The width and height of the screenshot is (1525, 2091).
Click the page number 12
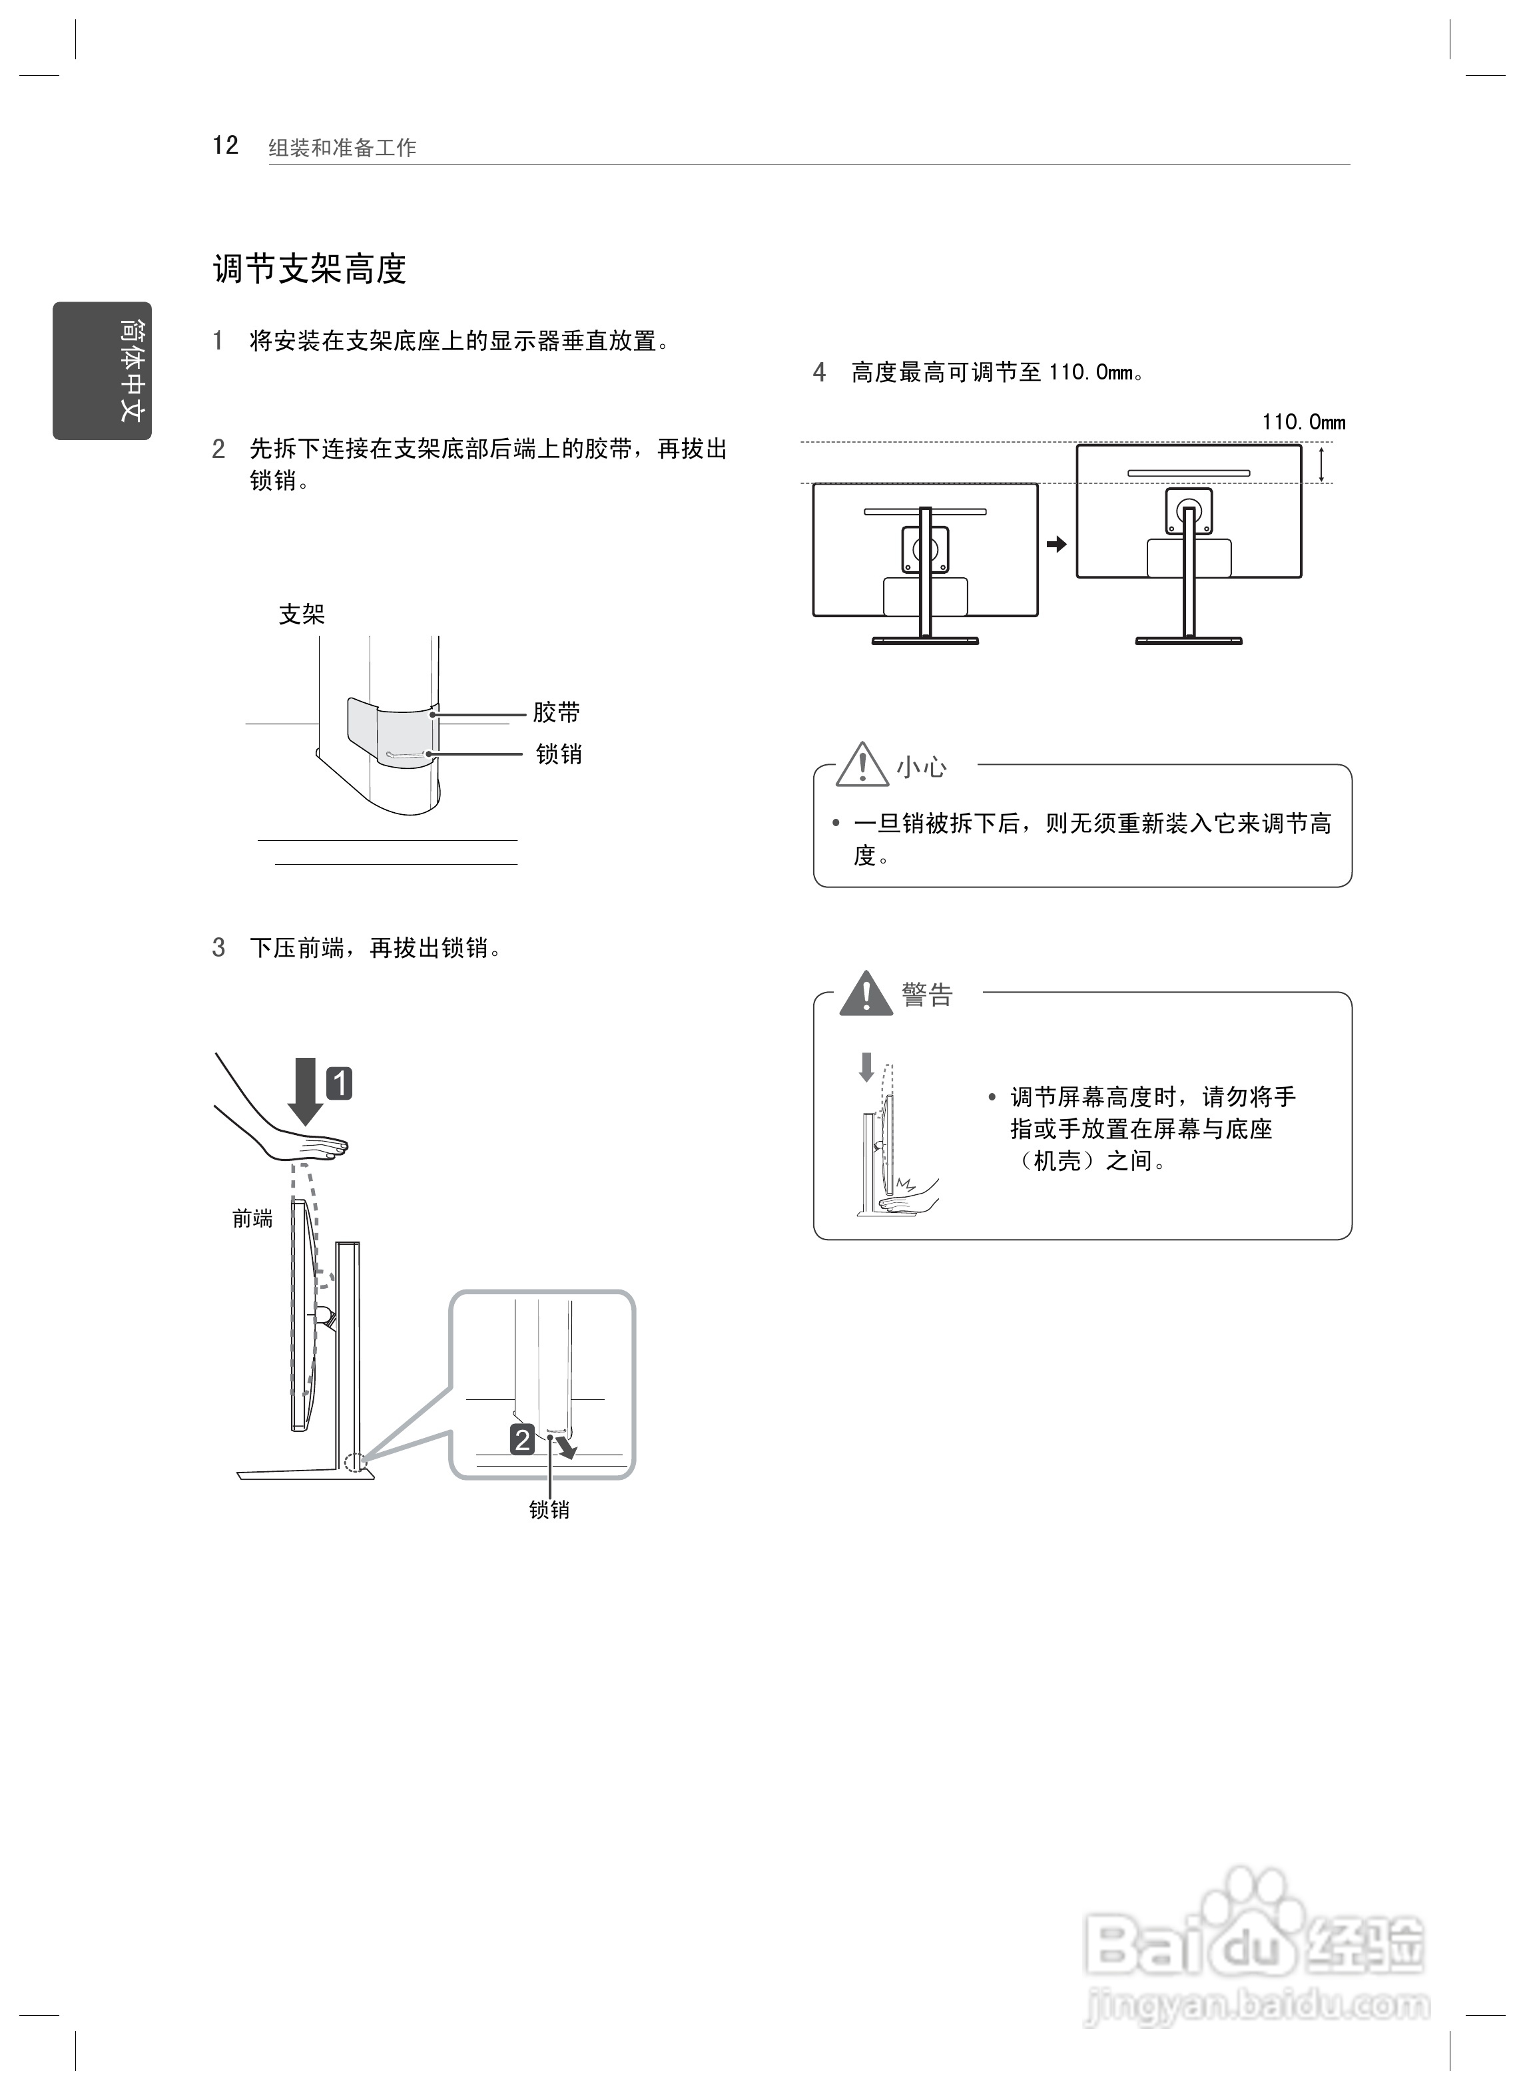[225, 146]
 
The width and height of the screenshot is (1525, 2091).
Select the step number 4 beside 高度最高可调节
[819, 373]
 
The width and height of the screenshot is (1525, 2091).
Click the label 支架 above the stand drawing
[302, 614]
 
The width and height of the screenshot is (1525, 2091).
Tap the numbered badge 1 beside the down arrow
[340, 1082]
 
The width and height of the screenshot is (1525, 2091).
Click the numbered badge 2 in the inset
[523, 1439]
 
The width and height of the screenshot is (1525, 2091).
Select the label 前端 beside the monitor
[252, 1219]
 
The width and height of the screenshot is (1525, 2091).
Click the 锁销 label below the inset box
[549, 1510]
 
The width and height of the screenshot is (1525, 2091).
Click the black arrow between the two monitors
[1056, 545]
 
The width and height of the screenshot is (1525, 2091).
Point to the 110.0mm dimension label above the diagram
[1303, 423]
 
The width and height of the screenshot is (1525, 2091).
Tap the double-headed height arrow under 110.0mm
[1322, 464]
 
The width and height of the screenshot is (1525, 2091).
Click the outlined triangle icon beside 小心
[862, 765]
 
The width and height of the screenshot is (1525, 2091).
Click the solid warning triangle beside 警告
[866, 994]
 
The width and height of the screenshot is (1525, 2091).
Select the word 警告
[928, 995]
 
